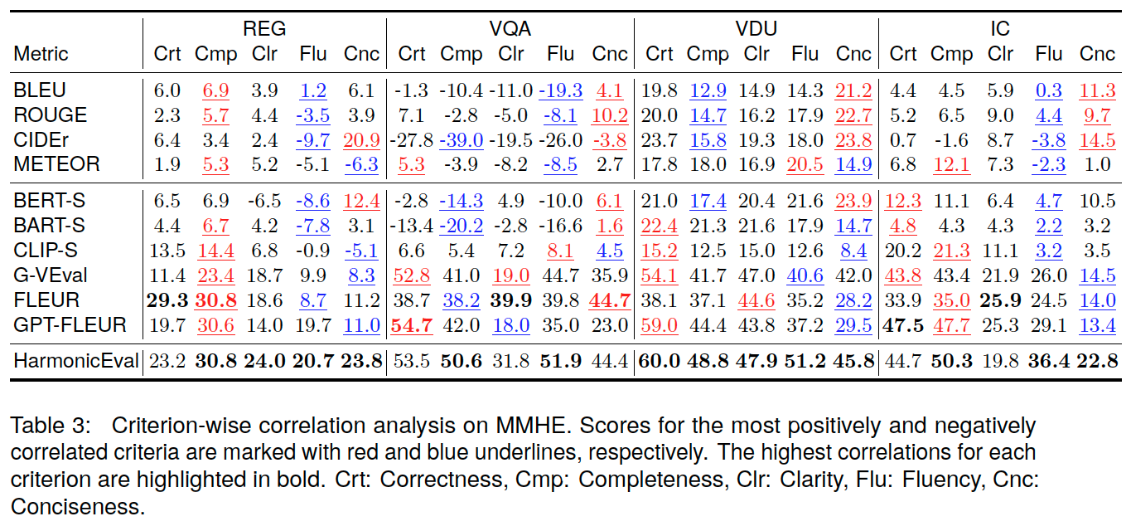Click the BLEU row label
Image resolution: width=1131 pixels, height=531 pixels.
click(40, 90)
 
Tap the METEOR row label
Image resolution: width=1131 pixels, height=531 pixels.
click(56, 164)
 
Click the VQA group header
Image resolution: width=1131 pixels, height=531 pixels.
click(510, 29)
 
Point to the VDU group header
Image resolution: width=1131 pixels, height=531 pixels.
click(756, 29)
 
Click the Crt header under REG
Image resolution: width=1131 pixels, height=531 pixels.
click(167, 55)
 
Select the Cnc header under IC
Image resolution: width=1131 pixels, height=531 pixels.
click(1097, 55)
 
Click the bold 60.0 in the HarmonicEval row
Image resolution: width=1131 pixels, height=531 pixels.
click(659, 361)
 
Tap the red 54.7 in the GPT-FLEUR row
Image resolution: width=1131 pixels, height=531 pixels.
click(412, 325)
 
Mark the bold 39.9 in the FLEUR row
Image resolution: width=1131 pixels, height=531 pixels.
click(510, 300)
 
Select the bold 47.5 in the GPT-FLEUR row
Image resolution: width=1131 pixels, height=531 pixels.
click(903, 325)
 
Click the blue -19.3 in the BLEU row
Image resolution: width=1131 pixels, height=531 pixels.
click(560, 90)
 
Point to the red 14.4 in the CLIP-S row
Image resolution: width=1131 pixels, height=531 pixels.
click(215, 251)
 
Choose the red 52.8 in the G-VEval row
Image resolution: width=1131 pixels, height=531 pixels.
click(412, 275)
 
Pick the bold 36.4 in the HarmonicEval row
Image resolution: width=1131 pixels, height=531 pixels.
click(1049, 361)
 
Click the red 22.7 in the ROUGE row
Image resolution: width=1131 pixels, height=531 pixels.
click(853, 115)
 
